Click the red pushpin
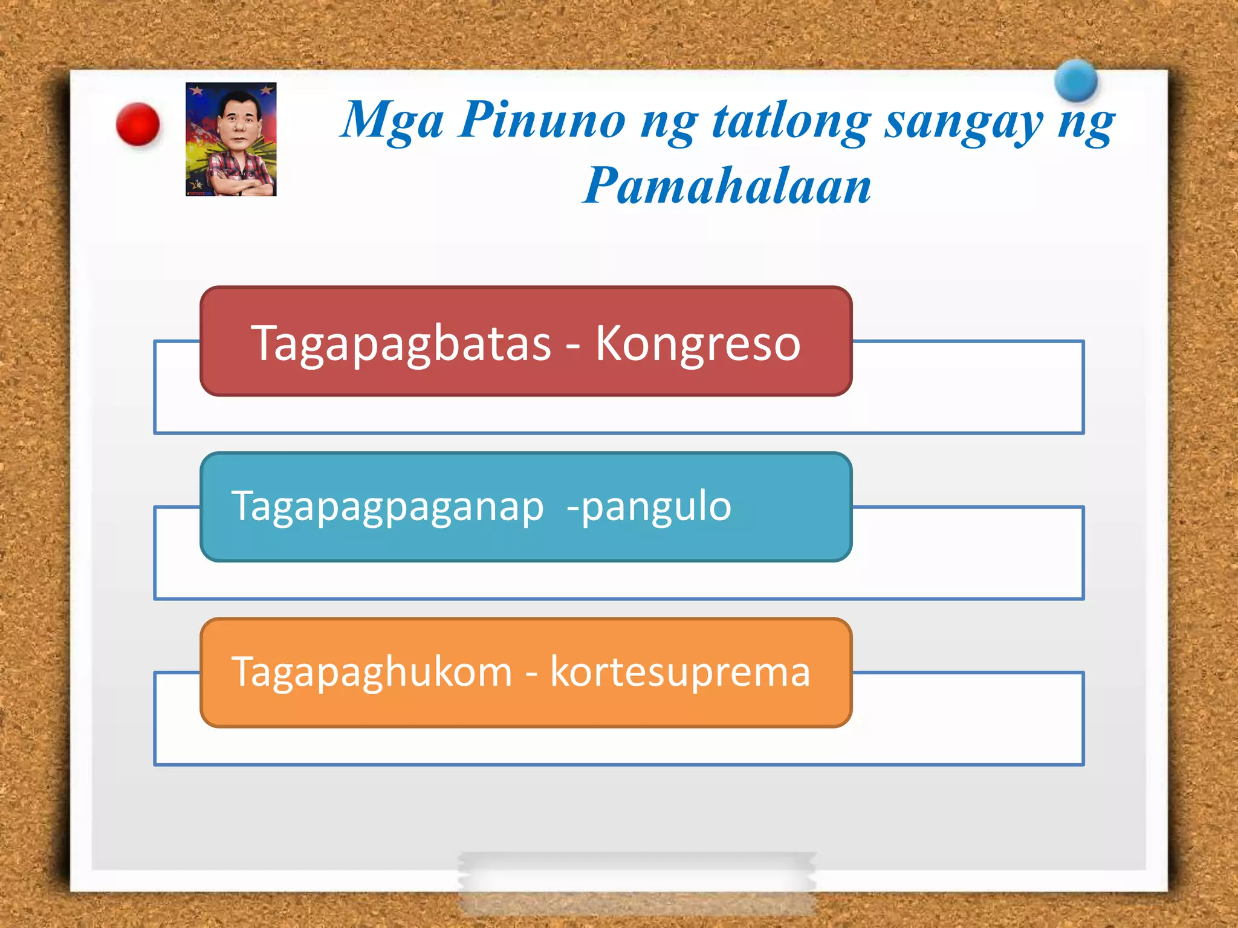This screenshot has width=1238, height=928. pos(138,124)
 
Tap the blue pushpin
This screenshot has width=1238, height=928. pos(1076,80)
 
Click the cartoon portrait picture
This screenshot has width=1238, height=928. pos(231,139)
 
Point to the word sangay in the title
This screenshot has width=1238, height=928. pos(964,123)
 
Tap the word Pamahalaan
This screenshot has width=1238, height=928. pos(727,185)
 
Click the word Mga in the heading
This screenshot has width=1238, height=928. pos(392,121)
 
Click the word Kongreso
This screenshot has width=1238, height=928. pos(698,344)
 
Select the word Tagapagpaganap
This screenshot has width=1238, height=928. pos(387,507)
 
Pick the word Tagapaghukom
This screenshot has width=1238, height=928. pos(372,672)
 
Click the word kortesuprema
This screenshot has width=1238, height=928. pos(680,672)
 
